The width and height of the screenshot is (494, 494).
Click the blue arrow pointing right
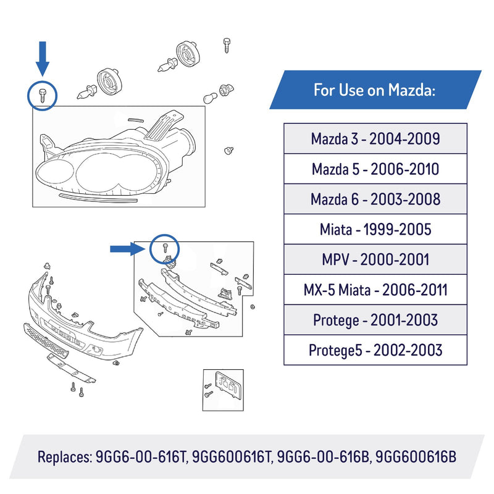(127, 249)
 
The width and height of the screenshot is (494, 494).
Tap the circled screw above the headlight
(43, 95)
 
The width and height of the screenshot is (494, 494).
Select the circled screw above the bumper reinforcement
(165, 248)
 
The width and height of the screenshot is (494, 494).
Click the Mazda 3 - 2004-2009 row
(375, 138)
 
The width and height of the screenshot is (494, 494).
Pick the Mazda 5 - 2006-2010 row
(375, 169)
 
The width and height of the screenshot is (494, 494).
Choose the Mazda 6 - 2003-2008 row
(375, 199)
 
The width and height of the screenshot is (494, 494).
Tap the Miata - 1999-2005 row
(375, 229)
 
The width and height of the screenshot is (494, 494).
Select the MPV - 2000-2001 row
(375, 259)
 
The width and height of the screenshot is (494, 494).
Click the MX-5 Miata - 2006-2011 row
(375, 290)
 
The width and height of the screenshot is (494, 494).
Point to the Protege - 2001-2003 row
(375, 320)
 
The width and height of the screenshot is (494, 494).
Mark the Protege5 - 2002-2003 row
(375, 350)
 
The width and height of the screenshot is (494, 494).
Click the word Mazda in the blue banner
(412, 90)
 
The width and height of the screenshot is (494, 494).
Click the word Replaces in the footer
(65, 457)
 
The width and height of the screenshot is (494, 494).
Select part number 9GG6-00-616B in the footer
(323, 456)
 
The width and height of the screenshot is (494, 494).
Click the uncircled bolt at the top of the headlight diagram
(227, 45)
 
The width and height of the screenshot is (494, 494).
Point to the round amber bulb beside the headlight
(210, 98)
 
